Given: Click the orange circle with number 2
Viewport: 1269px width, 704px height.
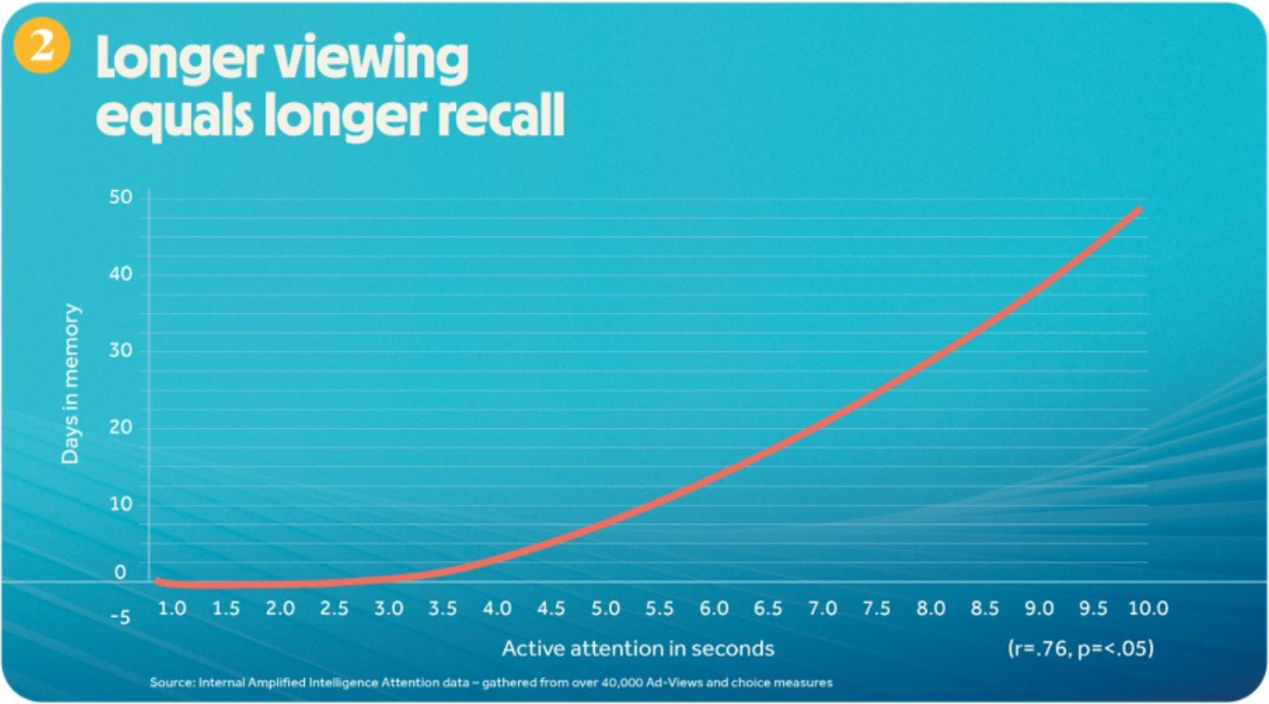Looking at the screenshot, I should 40,45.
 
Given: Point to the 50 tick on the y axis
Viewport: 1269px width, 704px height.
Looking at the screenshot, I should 121,197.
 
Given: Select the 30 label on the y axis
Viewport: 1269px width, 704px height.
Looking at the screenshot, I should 121,350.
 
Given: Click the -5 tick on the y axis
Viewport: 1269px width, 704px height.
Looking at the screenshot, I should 120,618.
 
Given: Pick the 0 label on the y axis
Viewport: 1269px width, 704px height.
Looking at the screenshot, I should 121,572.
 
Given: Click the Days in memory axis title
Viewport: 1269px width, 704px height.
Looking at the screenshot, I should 71,384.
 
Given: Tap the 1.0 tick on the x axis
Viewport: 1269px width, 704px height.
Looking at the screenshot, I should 172,609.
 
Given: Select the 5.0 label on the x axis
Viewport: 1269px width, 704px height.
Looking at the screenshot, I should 606,609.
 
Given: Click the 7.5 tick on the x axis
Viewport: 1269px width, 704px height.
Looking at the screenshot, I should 877,609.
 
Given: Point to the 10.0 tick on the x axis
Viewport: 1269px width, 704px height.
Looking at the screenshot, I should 1148,609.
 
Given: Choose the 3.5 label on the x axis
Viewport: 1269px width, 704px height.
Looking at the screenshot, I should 443,609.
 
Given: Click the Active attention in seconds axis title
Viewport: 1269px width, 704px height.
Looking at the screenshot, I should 638,649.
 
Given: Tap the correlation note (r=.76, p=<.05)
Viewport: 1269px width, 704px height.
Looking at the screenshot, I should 1080,649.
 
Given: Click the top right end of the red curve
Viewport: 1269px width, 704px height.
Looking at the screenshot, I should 1138,211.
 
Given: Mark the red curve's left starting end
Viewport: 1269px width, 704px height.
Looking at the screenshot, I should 159,582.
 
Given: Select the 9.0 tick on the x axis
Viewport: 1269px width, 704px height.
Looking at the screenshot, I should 1039,609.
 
